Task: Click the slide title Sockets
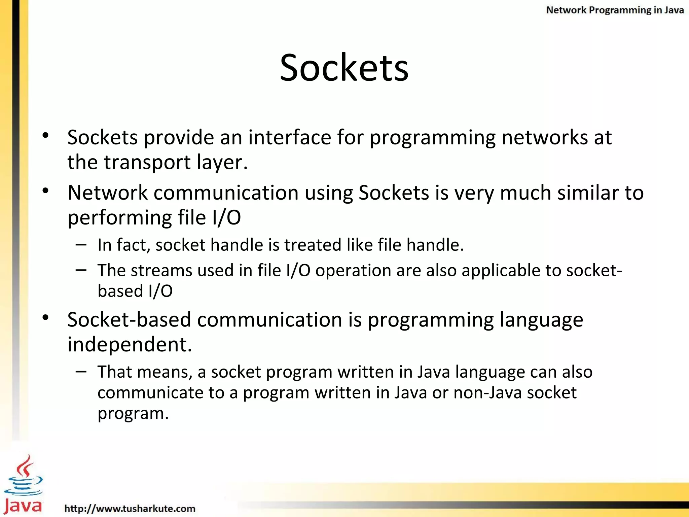coord(344,68)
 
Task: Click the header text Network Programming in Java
coord(615,10)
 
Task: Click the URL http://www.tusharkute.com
coord(130,508)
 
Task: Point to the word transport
coord(147,162)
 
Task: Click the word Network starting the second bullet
coord(108,193)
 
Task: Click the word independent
coord(130,344)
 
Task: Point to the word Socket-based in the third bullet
coord(129,319)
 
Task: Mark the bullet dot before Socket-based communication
coord(46,317)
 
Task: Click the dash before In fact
coord(81,245)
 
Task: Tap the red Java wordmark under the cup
coord(23,506)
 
